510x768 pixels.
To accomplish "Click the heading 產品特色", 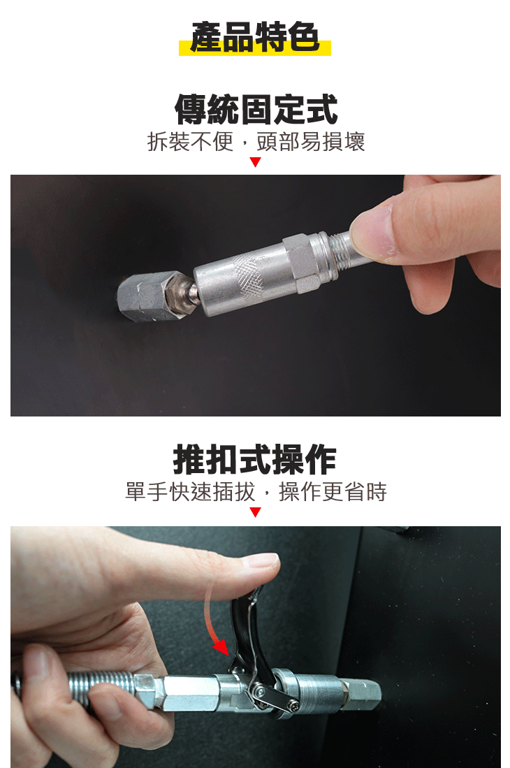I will click(254, 37).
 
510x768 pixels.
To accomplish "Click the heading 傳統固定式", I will click(255, 110).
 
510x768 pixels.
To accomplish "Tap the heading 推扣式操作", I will click(255, 459).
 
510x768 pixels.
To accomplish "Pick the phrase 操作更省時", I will click(333, 492).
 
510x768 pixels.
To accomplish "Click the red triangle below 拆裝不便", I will click(255, 162).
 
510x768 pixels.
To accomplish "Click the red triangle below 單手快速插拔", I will click(255, 512).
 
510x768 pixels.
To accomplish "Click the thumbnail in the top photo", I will click(368, 231).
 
